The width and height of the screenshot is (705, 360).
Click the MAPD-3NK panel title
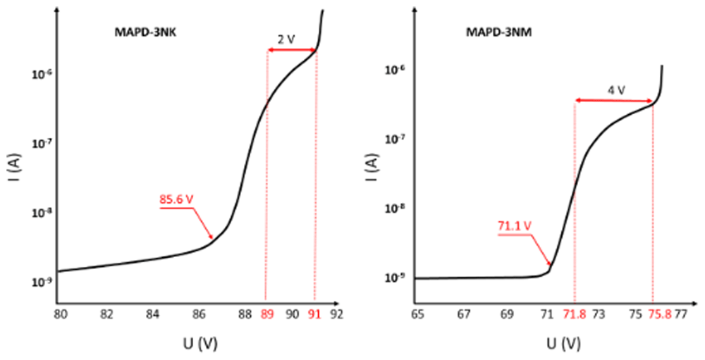pos(143,32)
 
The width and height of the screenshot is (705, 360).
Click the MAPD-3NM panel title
pos(498,32)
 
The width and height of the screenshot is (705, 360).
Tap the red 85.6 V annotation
pos(176,199)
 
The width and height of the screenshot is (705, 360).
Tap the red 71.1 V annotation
pos(515,226)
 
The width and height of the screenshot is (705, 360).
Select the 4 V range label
pos(616,90)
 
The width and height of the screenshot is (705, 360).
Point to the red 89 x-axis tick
pos(267,315)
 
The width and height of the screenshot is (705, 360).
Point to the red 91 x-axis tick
pos(314,315)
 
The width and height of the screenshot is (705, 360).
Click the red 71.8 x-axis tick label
pos(574,315)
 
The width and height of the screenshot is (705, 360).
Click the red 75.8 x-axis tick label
pos(659,315)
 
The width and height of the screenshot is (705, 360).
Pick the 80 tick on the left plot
pos(61,315)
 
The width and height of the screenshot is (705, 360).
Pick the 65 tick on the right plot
pos(417,315)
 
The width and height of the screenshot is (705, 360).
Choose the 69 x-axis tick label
pos(505,315)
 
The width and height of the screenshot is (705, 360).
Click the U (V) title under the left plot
pos(200,345)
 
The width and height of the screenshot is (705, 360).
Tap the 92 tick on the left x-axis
pos(337,315)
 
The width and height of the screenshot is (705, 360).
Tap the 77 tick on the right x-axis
pos(681,315)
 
